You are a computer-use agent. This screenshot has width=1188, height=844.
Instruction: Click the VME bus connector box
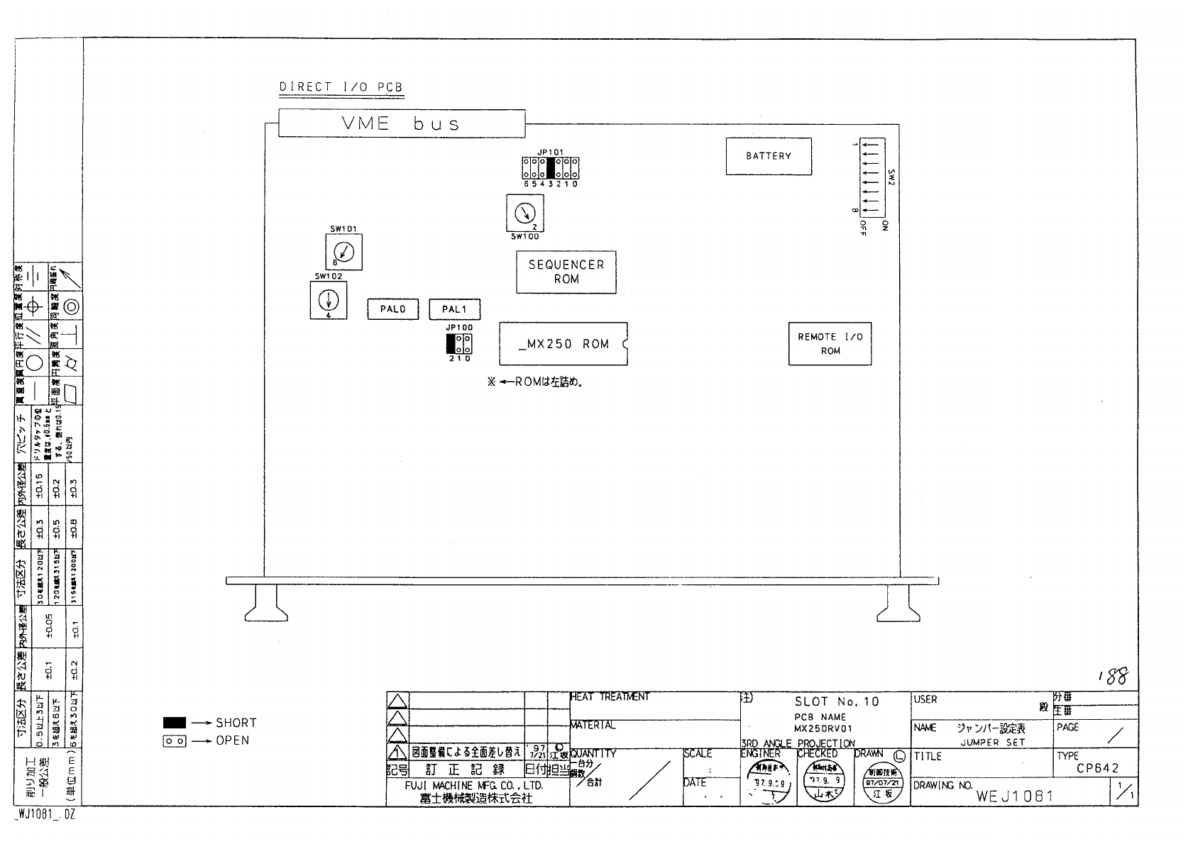[x=402, y=123]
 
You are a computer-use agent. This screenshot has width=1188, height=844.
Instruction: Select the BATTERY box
[x=768, y=156]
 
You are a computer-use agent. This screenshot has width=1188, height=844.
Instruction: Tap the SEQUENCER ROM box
[x=566, y=272]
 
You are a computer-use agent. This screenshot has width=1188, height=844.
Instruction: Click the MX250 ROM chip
[x=563, y=344]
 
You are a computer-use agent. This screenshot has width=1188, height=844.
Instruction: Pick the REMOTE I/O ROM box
[x=830, y=344]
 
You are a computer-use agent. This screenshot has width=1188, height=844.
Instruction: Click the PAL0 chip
[x=392, y=309]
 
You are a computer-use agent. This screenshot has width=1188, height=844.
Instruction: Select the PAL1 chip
[x=454, y=309]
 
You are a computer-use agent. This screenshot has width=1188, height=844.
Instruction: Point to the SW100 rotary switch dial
[x=524, y=213]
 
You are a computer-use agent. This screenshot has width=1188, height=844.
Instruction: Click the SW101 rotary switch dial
[x=343, y=251]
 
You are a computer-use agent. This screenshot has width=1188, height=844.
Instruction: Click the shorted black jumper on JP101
[x=550, y=167]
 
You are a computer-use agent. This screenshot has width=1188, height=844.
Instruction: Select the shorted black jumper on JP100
[x=451, y=344]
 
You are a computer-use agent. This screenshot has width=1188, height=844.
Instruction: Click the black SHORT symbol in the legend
[x=175, y=723]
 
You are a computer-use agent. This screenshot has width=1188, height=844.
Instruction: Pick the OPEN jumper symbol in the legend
[x=175, y=740]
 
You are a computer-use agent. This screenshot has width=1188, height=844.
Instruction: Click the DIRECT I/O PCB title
[x=341, y=87]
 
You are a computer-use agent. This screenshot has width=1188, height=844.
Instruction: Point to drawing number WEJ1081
[x=1014, y=796]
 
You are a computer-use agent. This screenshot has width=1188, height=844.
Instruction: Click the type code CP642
[x=1096, y=768]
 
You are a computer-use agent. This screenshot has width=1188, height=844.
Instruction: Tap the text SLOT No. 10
[x=837, y=701]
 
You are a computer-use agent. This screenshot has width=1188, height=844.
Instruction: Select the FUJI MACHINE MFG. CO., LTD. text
[x=473, y=786]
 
